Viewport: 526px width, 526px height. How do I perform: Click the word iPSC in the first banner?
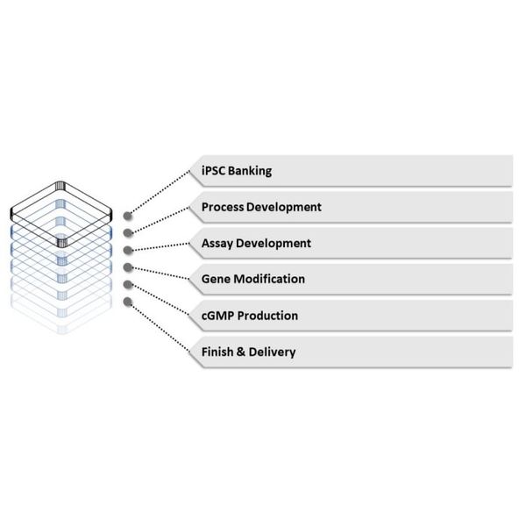(x=213, y=171)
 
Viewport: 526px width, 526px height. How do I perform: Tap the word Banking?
(x=250, y=171)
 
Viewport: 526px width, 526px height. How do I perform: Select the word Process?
(x=223, y=207)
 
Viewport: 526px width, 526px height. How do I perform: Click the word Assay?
(x=217, y=244)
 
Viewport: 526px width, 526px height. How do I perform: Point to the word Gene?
(x=216, y=279)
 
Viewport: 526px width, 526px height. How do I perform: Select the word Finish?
(x=217, y=352)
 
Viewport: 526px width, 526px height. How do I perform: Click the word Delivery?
(x=273, y=352)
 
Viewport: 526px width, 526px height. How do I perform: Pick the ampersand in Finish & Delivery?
(x=241, y=352)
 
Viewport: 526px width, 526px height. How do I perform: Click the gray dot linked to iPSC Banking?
(x=127, y=216)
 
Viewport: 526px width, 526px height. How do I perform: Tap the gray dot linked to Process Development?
(x=128, y=233)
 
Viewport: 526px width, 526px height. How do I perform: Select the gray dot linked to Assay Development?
(x=128, y=250)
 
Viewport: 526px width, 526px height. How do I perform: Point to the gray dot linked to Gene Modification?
(x=128, y=267)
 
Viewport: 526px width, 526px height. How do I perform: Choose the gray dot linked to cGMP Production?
(x=128, y=284)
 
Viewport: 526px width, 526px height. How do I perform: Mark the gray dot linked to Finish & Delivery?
(x=127, y=302)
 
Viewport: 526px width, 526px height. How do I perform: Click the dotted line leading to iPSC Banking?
(x=160, y=192)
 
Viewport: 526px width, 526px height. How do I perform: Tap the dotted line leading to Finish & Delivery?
(x=160, y=328)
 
